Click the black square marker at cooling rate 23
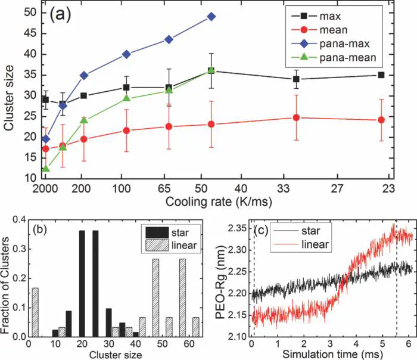[381, 75]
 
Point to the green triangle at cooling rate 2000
[46, 169]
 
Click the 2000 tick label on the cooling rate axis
[45, 187]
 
